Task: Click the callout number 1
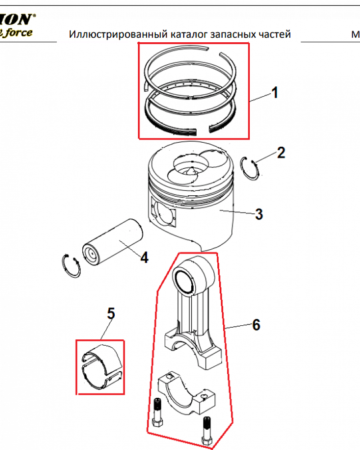pos(274,94)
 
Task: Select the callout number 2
pos(281,153)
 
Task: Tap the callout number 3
pos(259,214)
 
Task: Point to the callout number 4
pos(144,257)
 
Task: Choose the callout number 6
pos(256,324)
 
